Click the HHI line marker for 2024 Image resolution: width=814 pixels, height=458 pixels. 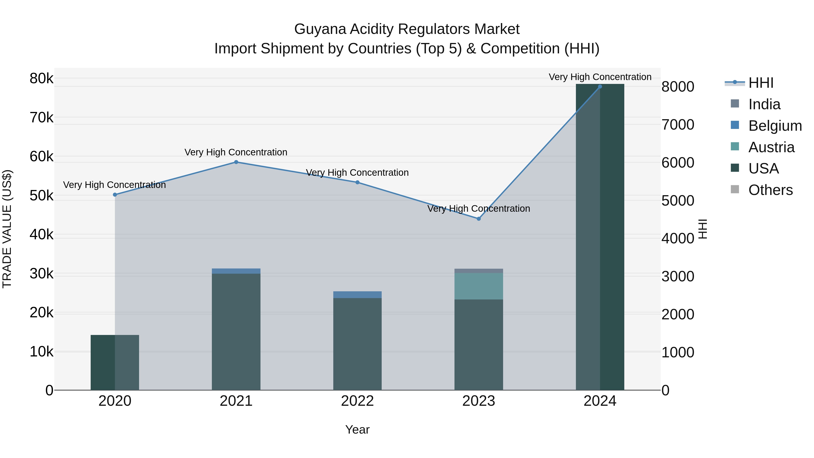[x=600, y=87]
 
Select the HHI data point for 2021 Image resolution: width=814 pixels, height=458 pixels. [x=236, y=162]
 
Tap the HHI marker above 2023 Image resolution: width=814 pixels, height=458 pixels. [x=478, y=219]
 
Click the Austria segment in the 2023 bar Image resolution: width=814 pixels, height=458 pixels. [x=478, y=286]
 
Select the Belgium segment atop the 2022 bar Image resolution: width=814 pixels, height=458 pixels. [x=357, y=294]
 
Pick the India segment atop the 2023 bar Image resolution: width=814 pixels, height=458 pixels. [x=478, y=271]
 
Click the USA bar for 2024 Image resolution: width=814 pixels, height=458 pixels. [x=600, y=237]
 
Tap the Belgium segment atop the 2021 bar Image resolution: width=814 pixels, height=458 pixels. [x=236, y=271]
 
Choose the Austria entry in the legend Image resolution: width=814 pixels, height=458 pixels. [x=771, y=147]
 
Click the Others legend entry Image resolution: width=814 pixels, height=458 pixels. [x=770, y=190]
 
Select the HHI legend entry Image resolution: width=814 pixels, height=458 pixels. [x=761, y=83]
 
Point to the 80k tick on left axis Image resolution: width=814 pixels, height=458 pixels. [x=41, y=78]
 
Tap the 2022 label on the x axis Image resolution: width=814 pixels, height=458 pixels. [x=357, y=401]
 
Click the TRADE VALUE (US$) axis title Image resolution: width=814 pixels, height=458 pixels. [x=7, y=229]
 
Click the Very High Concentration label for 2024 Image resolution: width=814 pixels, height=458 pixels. [x=600, y=77]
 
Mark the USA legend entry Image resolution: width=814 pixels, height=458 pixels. [x=763, y=168]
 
